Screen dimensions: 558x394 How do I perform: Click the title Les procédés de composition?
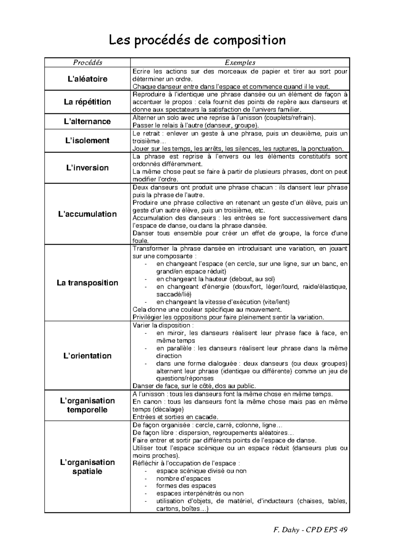tap(197, 40)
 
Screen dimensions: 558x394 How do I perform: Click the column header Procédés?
tap(87, 62)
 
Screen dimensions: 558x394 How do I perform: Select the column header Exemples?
tap(240, 62)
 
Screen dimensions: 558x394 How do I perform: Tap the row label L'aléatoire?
tap(87, 79)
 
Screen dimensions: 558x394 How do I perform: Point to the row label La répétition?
tap(87, 102)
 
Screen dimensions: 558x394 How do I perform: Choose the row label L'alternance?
tap(87, 121)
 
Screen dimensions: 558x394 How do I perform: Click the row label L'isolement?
tap(87, 141)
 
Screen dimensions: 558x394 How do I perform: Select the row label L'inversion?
tap(87, 168)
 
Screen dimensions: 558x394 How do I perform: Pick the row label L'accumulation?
tap(87, 214)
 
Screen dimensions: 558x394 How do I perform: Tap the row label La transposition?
tap(87, 283)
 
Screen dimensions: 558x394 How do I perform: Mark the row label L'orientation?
tap(87, 356)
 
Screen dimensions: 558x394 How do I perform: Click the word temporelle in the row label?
tap(87, 410)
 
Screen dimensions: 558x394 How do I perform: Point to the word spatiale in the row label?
tap(87, 471)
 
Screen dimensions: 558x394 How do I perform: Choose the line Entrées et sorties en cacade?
tap(175, 417)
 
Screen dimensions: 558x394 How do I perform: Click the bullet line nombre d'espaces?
tap(183, 478)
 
